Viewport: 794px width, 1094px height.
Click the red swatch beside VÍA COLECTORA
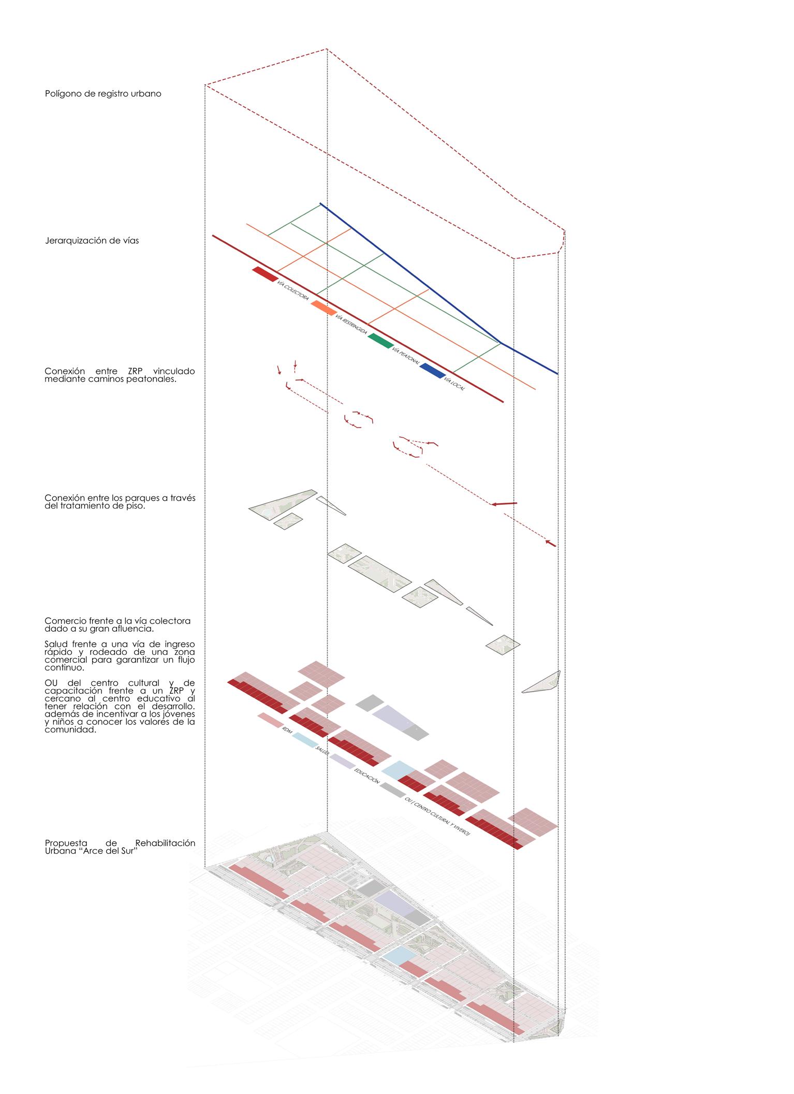[x=264, y=274]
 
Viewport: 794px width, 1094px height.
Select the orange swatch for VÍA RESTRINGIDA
[x=324, y=308]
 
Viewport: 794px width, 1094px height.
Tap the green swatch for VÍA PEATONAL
[x=380, y=341]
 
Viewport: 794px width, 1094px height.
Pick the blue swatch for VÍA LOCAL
[x=432, y=370]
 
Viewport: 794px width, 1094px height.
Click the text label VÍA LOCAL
[x=455, y=384]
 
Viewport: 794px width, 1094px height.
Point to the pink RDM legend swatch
[x=270, y=719]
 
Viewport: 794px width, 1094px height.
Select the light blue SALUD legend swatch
[x=305, y=740]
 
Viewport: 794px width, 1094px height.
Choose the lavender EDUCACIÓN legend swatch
[x=342, y=761]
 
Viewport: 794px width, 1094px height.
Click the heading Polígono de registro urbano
[x=103, y=94]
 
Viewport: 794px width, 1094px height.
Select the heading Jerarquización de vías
[x=92, y=241]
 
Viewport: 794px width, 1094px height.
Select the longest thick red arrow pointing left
[x=504, y=503]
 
